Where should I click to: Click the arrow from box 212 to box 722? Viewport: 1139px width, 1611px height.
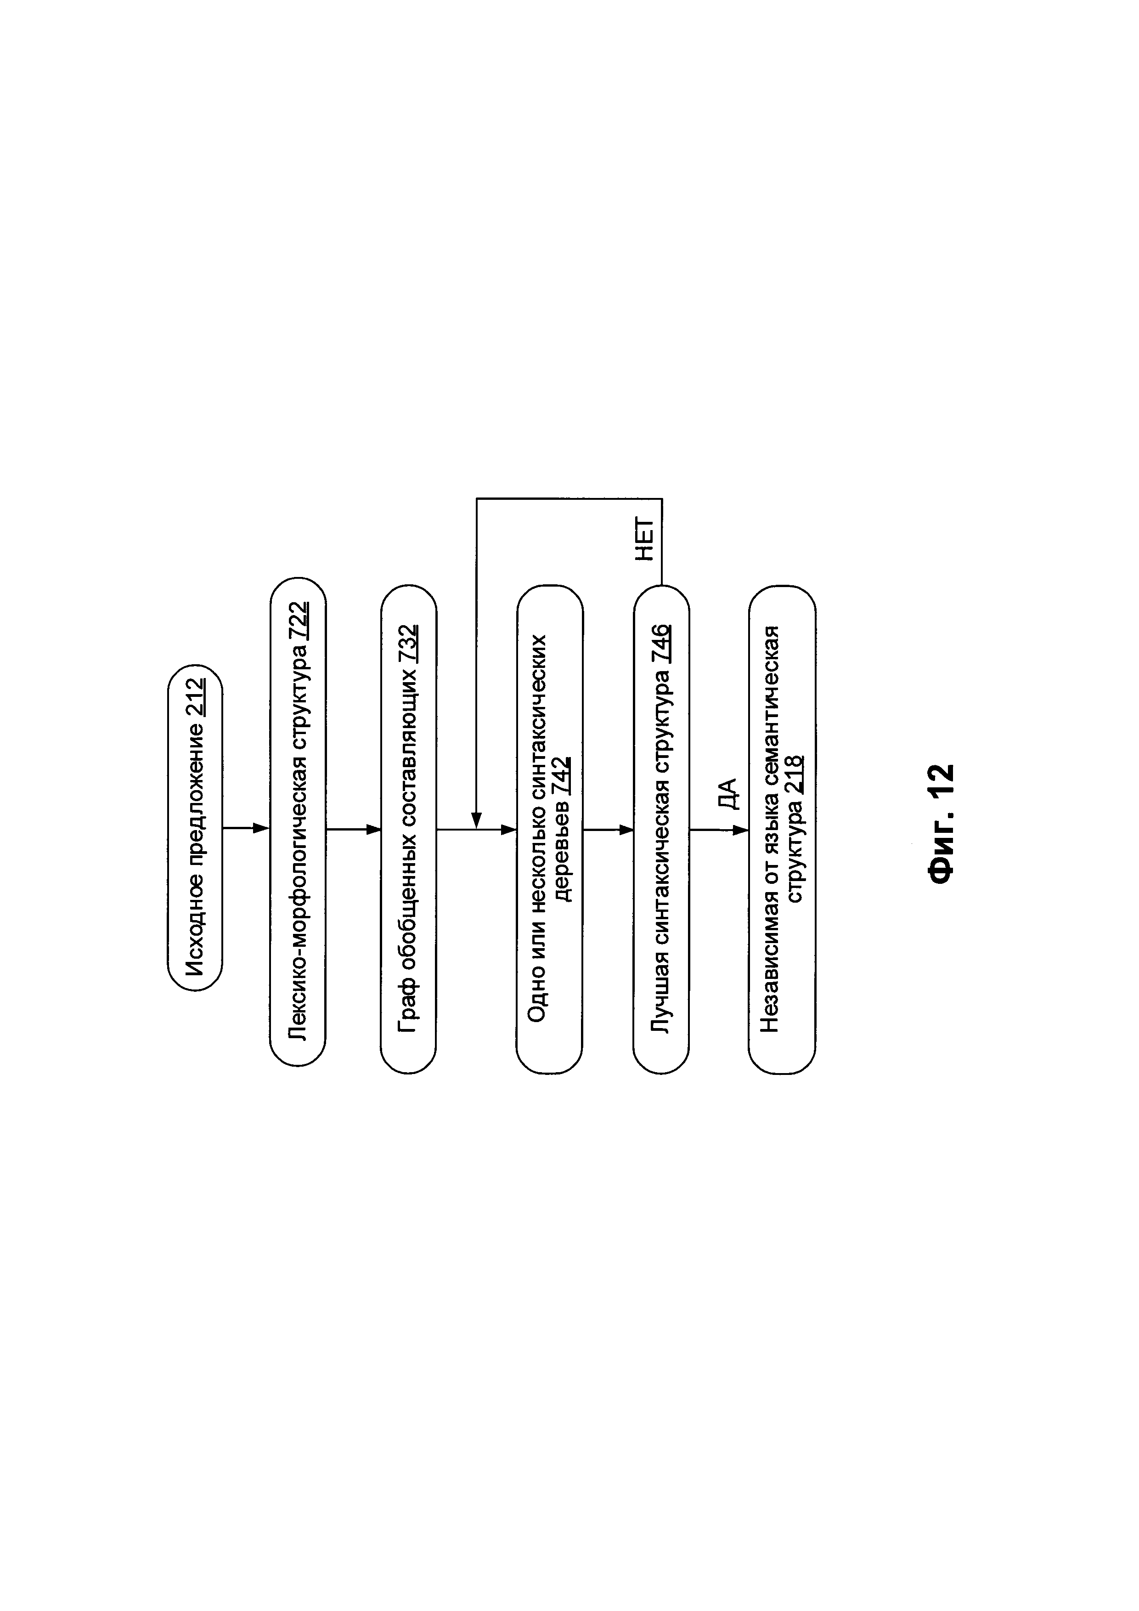click(x=245, y=829)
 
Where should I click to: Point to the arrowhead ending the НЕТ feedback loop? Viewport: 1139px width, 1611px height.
click(x=476, y=820)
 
